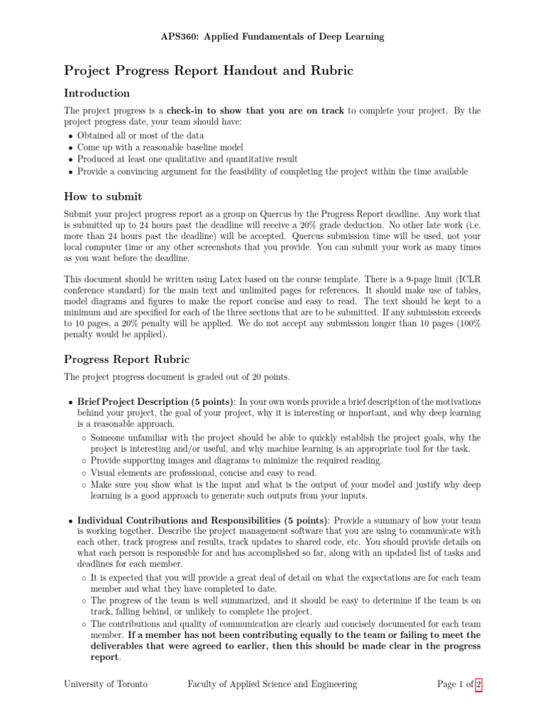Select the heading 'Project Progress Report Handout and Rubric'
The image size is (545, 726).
tap(209, 70)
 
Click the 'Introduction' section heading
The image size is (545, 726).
tap(97, 93)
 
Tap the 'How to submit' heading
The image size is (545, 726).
tap(103, 197)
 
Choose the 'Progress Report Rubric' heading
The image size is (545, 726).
tap(127, 359)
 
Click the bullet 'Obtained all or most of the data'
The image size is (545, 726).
tap(141, 135)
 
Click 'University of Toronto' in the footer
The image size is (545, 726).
tap(106, 684)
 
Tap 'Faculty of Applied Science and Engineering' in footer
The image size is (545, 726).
tap(272, 684)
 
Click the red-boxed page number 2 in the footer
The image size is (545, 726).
tap(479, 684)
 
